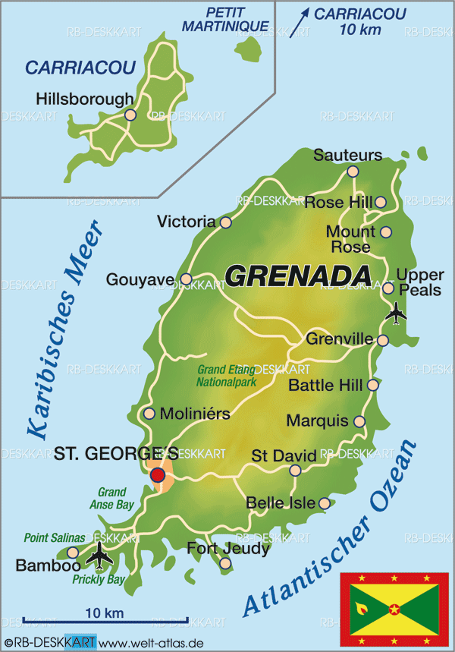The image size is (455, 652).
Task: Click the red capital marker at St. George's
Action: [x=158, y=475]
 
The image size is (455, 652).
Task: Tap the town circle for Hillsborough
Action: [x=130, y=115]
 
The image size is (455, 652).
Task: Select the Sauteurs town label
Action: [x=347, y=155]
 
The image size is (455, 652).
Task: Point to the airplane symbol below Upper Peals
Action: [x=395, y=311]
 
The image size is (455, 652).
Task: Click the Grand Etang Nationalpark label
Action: [x=226, y=376]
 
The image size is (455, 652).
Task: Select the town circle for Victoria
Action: [x=225, y=222]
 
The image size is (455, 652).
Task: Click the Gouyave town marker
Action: [x=186, y=279]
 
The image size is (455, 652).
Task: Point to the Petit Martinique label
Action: [x=225, y=20]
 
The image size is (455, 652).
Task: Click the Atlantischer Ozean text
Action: [x=331, y=528]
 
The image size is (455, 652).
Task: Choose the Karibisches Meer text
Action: [x=64, y=331]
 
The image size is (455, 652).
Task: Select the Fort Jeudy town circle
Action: [x=225, y=562]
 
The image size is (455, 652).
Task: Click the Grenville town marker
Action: [x=383, y=340]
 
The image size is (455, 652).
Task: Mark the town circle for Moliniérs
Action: [x=149, y=414]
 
